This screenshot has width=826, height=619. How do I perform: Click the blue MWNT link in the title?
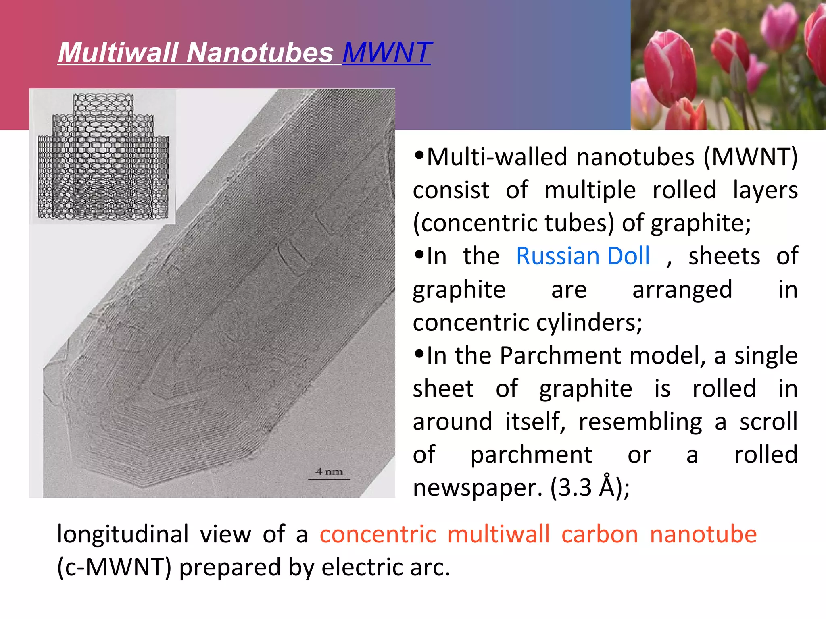(x=387, y=53)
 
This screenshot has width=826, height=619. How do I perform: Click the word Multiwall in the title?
(x=118, y=53)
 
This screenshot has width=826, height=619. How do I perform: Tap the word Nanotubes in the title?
(x=260, y=53)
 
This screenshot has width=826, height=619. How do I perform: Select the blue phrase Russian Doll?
(x=583, y=256)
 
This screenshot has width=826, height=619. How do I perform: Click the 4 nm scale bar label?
(x=329, y=472)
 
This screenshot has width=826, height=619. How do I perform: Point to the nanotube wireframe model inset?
(x=103, y=156)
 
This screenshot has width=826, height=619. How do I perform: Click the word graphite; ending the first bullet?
(x=701, y=223)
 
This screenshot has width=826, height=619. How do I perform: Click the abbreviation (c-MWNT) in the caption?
(x=114, y=567)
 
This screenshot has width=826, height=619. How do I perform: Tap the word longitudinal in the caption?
(x=123, y=534)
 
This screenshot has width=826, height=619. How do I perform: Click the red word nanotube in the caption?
(x=703, y=534)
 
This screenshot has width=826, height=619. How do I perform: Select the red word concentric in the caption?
(x=378, y=534)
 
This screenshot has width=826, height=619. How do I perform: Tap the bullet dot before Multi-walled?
(x=419, y=155)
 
